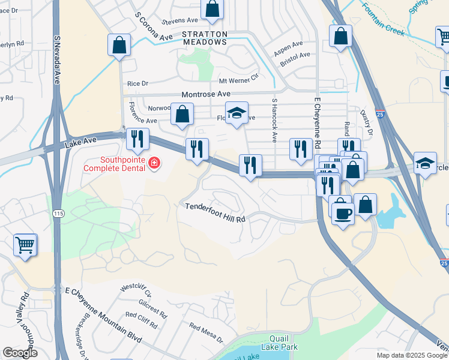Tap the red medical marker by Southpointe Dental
click(154, 163)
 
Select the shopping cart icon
click(25, 244)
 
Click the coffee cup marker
click(343, 213)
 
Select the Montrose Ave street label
click(206, 94)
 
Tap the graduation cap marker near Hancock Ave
click(237, 113)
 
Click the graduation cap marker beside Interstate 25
click(425, 163)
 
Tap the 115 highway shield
click(58, 214)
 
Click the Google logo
click(20, 353)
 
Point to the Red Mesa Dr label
click(206, 334)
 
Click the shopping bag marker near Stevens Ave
click(212, 9)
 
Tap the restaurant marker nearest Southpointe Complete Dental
click(137, 139)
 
